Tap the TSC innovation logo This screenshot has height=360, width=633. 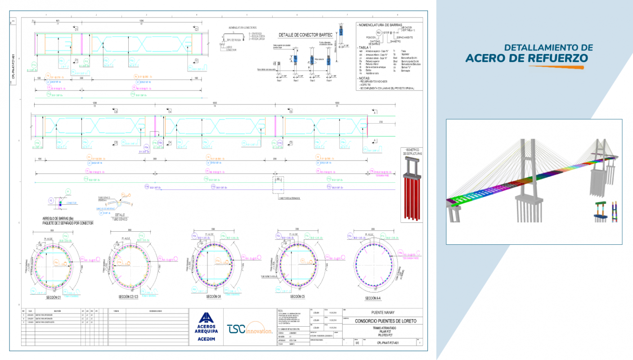click(x=250, y=329)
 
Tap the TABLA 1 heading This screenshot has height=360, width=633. click(x=364, y=47)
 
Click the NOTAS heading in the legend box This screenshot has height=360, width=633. click(x=365, y=78)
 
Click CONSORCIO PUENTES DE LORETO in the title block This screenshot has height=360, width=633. click(x=386, y=321)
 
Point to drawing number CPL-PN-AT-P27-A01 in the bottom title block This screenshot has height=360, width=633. click(x=388, y=343)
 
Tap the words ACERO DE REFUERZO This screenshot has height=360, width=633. click(x=526, y=58)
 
